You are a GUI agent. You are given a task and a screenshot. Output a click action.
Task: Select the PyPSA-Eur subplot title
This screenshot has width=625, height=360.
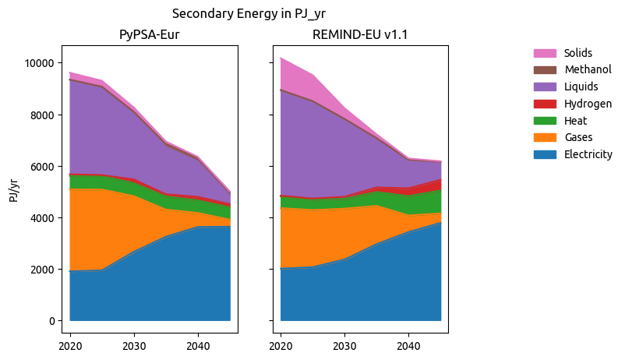pyautogui.click(x=150, y=34)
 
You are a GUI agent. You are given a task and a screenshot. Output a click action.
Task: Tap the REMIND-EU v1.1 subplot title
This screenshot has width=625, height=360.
pyautogui.click(x=360, y=34)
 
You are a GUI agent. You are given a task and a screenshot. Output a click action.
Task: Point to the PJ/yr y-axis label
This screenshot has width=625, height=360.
pyautogui.click(x=13, y=190)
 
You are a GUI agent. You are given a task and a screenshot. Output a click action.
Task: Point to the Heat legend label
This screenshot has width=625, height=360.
pyautogui.click(x=575, y=121)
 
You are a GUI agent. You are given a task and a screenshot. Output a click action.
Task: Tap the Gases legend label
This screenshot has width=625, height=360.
pyautogui.click(x=577, y=138)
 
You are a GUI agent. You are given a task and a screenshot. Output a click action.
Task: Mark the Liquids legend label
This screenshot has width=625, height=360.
pyautogui.click(x=581, y=87)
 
